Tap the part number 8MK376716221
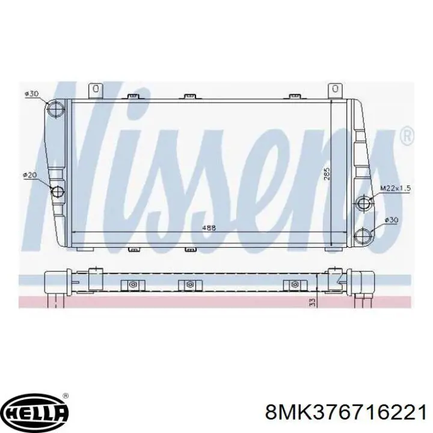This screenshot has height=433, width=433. (345, 413)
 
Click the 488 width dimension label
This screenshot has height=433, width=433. (209, 228)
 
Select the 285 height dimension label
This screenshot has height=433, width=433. (327, 174)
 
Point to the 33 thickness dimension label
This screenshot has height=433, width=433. (313, 302)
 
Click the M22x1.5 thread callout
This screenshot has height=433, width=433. (396, 188)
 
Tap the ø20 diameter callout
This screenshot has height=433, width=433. (30, 175)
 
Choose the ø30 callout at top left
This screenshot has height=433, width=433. (31, 94)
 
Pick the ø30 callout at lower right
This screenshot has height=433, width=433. (392, 220)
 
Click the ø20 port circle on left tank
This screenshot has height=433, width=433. (58, 191)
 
